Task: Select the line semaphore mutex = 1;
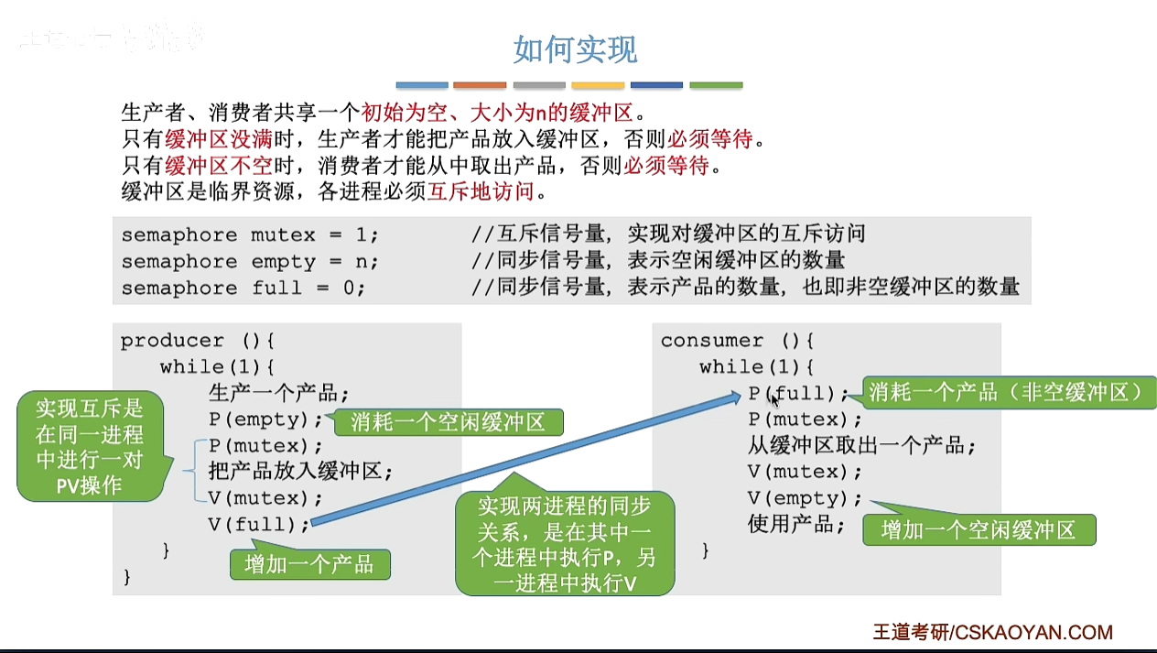tap(249, 235)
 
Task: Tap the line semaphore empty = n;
tap(249, 262)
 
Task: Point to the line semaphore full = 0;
tap(243, 288)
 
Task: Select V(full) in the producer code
tap(259, 525)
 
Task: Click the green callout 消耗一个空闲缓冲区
tap(447, 422)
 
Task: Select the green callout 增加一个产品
tap(309, 564)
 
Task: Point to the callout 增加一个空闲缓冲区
tap(978, 530)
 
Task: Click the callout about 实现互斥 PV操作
tap(90, 446)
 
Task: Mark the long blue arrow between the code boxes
tap(526, 458)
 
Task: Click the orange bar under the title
tap(480, 85)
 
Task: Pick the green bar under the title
tap(716, 85)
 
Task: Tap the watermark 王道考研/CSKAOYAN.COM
tap(992, 632)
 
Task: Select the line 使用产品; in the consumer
tap(795, 525)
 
